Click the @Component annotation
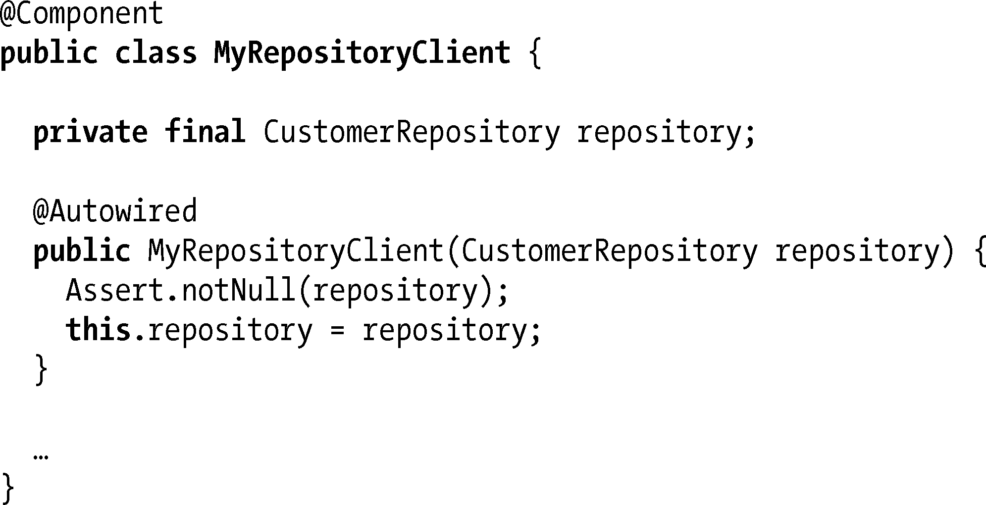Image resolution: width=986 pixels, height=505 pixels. tap(82, 14)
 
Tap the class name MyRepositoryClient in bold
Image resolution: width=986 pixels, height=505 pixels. tap(362, 53)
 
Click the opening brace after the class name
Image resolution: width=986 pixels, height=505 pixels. tap(534, 53)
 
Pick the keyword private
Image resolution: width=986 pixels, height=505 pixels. tap(90, 133)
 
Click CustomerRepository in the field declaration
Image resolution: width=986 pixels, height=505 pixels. tap(411, 133)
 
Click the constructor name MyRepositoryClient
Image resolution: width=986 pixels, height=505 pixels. tap(295, 252)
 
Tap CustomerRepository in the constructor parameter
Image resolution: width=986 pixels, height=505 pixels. tap(609, 252)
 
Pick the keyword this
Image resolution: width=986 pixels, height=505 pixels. tap(98, 330)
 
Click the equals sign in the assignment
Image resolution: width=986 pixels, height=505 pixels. tap(337, 331)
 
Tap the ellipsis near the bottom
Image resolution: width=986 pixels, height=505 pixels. tap(41, 456)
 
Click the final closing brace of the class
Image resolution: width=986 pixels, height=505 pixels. tap(8, 488)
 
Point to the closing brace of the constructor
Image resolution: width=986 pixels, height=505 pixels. tap(41, 370)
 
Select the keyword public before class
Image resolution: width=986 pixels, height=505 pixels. tap(49, 53)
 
